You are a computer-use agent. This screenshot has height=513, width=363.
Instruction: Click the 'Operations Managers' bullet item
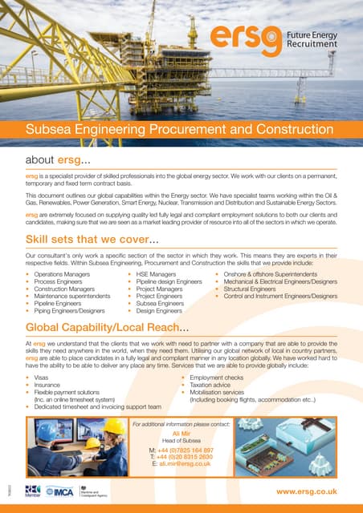62,275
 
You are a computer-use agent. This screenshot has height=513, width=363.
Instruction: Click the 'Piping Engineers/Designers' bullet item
69,310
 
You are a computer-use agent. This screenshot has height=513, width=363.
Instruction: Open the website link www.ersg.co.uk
306,491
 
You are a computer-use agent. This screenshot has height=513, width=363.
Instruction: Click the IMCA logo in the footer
58,490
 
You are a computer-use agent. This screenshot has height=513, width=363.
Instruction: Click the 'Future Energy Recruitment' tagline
314,38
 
